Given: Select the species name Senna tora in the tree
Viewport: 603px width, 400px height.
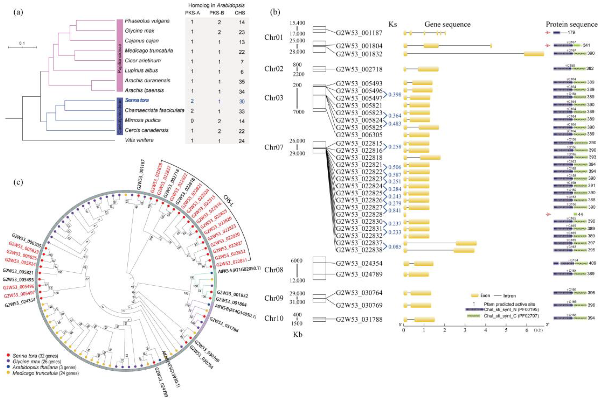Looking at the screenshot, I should coord(137,100).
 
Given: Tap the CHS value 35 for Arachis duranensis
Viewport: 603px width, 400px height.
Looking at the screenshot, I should coord(241,82).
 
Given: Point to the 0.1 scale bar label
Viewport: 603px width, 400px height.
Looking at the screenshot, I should coord(22,43).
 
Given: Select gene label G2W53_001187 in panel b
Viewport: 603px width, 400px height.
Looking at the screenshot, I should coord(359,33).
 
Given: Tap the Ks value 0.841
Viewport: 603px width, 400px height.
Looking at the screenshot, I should coord(395,210).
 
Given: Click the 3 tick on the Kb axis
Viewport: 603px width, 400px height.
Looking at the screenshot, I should coord(465,330).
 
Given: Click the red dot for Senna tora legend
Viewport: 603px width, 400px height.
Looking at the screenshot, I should coord(8,355).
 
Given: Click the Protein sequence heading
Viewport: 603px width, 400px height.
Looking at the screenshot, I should coord(572,25).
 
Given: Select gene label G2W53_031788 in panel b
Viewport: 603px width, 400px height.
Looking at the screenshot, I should coord(359,319).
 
